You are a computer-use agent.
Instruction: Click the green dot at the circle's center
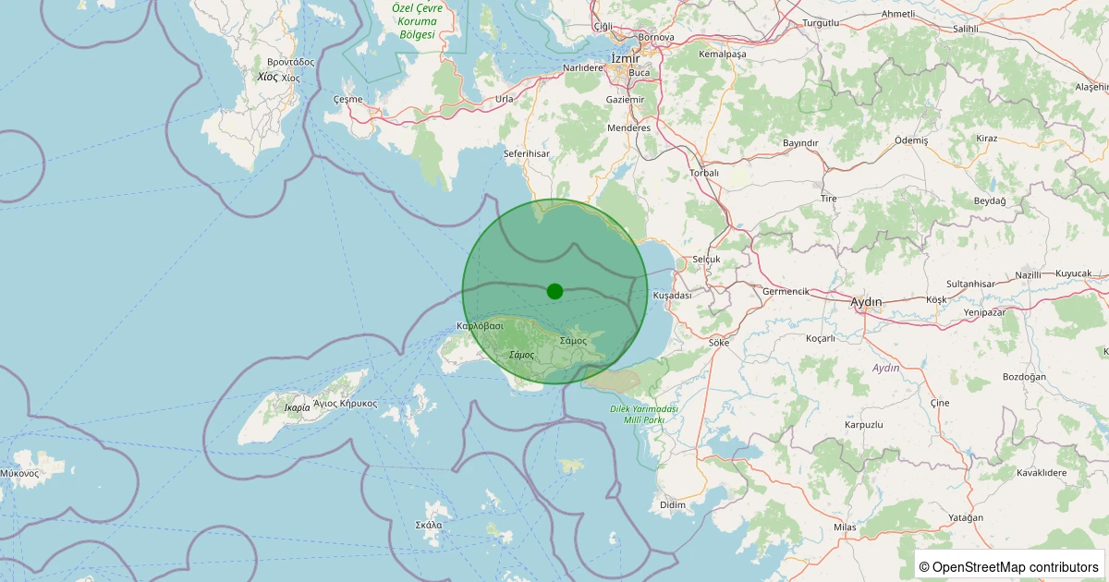[554, 291]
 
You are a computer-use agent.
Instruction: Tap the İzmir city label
[626, 58]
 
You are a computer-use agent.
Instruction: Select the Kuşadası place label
[672, 295]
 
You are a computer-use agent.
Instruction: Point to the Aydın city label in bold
[866, 302]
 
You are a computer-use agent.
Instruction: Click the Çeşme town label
[347, 99]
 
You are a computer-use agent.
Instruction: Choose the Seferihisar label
[527, 153]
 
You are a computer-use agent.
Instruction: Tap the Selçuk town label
[706, 260]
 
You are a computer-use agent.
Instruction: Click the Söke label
[718, 342]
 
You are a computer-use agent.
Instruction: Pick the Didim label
[673, 504]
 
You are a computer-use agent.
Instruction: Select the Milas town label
[845, 527]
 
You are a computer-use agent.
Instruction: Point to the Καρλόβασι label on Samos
[480, 326]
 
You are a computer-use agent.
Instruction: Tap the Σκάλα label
[429, 525]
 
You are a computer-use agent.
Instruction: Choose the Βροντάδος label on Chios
[287, 62]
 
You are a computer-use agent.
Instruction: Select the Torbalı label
[704, 173]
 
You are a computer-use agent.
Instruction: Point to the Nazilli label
[1028, 275]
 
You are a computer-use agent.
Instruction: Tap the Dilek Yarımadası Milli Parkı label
[644, 414]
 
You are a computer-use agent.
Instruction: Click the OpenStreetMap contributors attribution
[1009, 566]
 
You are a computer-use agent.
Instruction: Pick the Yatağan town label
[967, 517]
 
